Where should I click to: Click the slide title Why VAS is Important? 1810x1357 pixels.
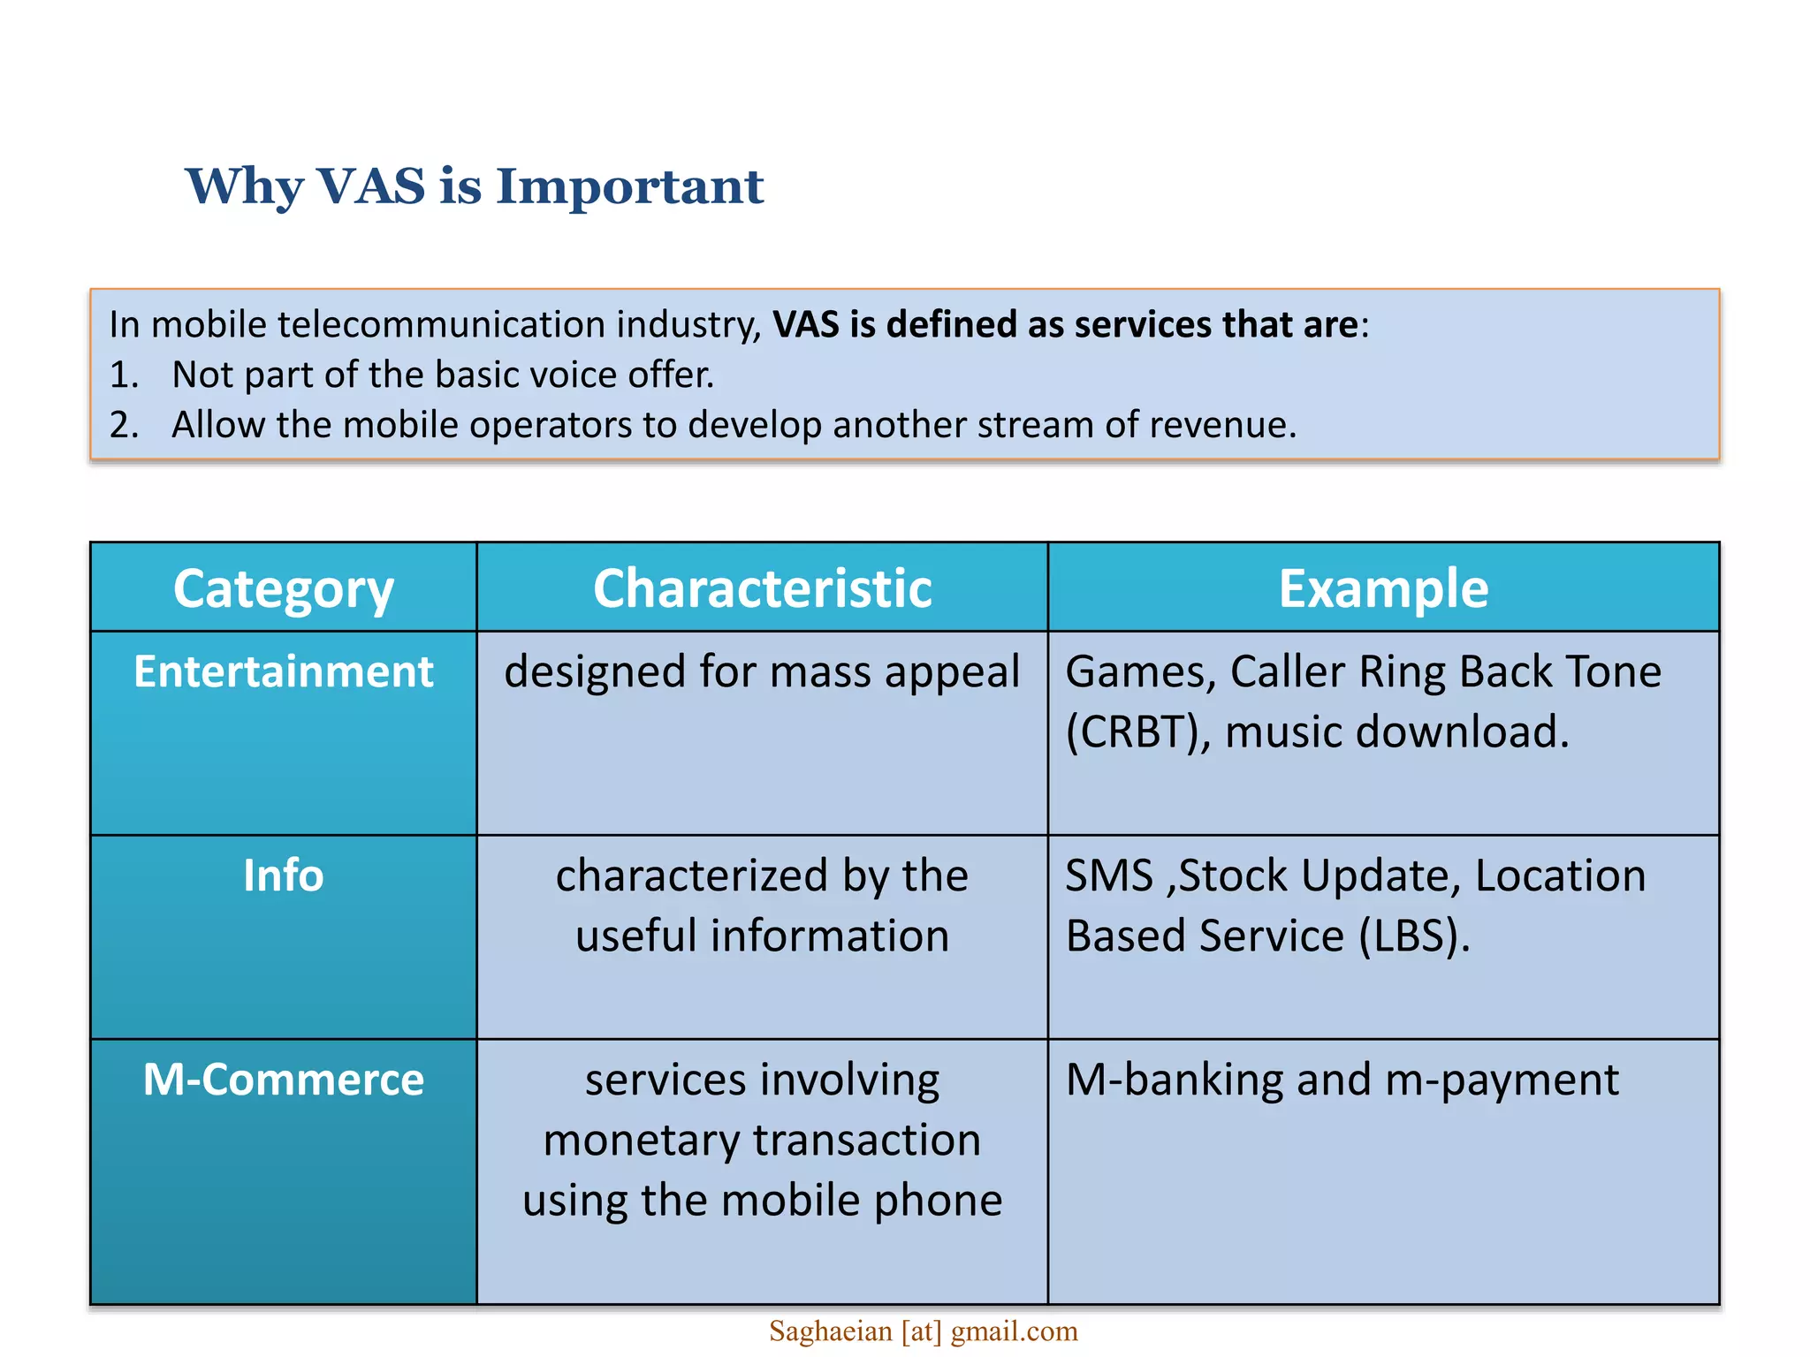(x=475, y=186)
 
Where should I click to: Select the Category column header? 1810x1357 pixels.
(x=283, y=588)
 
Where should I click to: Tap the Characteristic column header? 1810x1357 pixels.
(x=762, y=588)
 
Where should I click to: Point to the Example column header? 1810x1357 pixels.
(x=1383, y=588)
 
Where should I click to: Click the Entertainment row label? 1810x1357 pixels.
(x=283, y=671)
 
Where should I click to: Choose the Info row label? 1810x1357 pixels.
(x=283, y=876)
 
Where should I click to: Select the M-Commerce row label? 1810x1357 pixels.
(x=283, y=1080)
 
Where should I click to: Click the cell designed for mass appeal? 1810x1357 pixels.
(x=762, y=671)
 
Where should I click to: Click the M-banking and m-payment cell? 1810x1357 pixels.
(x=1342, y=1080)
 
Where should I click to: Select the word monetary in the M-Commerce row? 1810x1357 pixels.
(x=640, y=1141)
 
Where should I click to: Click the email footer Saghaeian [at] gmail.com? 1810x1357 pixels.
(x=923, y=1331)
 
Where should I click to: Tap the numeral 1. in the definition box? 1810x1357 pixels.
(x=124, y=375)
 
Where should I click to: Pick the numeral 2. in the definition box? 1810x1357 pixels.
(x=124, y=426)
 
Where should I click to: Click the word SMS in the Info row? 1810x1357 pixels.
(x=1108, y=876)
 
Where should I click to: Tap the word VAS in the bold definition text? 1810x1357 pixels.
(x=806, y=325)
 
